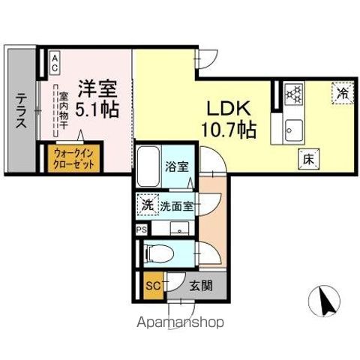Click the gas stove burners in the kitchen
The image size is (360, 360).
tap(295, 94)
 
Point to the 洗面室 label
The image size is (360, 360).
tap(177, 205)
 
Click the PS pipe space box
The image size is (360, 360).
tap(142, 229)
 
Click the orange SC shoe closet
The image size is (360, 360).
tap(152, 285)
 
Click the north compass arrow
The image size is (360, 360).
tap(324, 304)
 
